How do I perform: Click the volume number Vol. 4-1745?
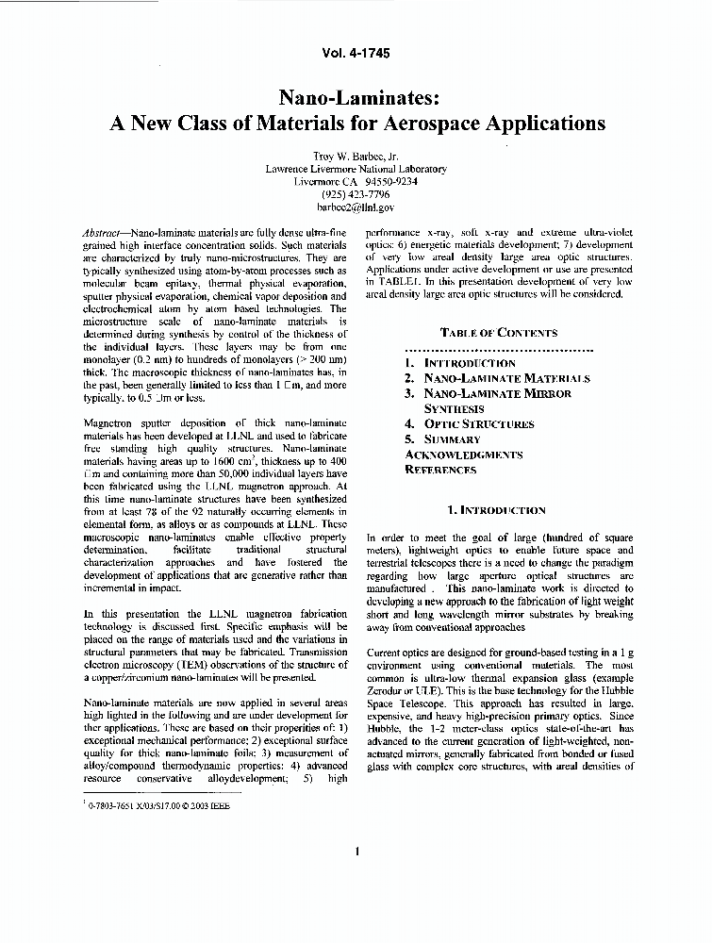[356, 54]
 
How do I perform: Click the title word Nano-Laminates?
[356, 97]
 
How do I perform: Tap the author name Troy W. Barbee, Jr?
[356, 156]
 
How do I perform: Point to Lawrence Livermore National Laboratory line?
[356, 169]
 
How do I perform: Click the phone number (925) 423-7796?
[356, 194]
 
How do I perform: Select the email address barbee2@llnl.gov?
[356, 207]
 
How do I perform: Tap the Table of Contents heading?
[499, 332]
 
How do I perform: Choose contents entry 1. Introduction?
[460, 363]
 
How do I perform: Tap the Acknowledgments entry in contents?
[463, 455]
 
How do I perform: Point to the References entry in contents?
[440, 470]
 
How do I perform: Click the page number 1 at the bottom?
[357, 852]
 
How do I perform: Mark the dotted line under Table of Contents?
[499, 347]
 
